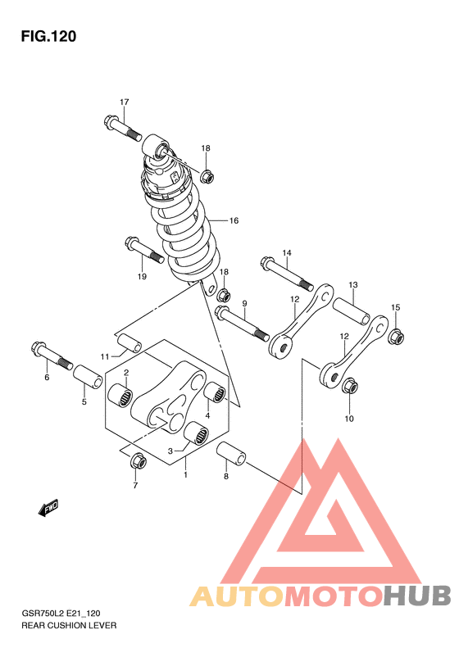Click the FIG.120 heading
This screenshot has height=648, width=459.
(x=48, y=36)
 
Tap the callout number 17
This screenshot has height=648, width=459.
(x=124, y=102)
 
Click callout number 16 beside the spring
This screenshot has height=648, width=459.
(x=234, y=220)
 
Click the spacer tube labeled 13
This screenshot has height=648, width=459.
(x=352, y=310)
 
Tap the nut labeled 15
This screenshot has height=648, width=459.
(x=396, y=336)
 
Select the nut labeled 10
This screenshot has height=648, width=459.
(x=349, y=386)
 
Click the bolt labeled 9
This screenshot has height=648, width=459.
(x=242, y=324)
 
